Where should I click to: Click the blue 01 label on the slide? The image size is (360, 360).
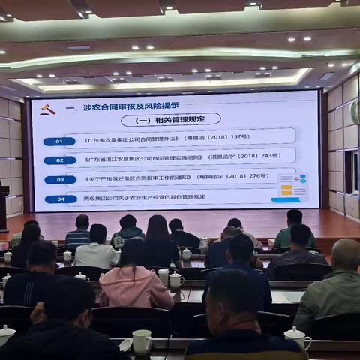(x=58, y=141)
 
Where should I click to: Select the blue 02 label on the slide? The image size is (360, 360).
(x=58, y=160)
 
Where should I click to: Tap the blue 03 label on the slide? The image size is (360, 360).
(x=58, y=180)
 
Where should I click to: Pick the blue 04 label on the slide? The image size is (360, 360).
(x=58, y=199)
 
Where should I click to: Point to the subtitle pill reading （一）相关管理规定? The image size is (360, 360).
(x=171, y=120)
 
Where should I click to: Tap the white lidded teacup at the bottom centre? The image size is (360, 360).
(x=141, y=341)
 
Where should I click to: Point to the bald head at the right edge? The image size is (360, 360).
(x=346, y=255)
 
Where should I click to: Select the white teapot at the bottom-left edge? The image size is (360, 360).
(x=6, y=334)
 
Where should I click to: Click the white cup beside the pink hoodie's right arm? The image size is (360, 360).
(x=176, y=280)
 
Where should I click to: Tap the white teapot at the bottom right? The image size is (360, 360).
(x=298, y=337)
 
